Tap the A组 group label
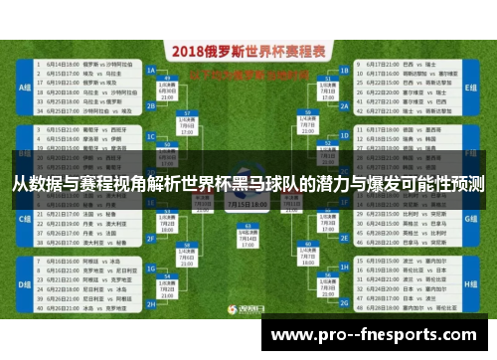point(25,87)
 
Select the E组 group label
point(471,87)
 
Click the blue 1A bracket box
point(151,72)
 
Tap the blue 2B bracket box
point(151,102)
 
